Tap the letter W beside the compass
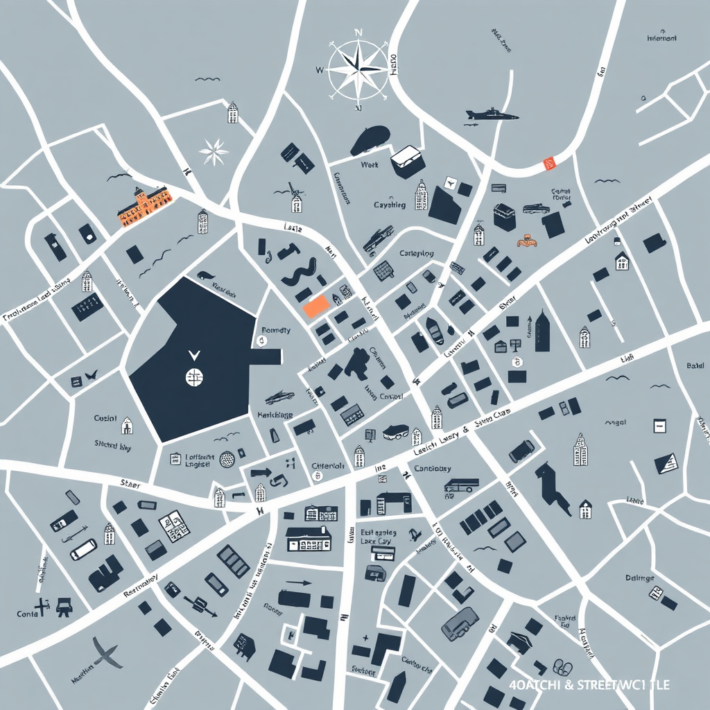(319, 70)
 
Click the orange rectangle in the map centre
(316, 306)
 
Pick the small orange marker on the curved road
(551, 164)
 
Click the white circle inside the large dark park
(194, 376)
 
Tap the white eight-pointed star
(214, 150)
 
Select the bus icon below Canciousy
(460, 486)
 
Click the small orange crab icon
(527, 241)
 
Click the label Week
(370, 166)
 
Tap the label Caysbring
(390, 205)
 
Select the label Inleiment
(661, 39)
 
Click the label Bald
(694, 365)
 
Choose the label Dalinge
(640, 578)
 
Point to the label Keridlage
(275, 415)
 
